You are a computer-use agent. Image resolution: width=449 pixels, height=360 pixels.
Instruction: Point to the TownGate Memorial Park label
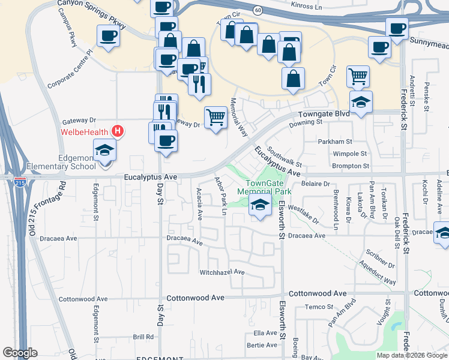(x=264, y=187)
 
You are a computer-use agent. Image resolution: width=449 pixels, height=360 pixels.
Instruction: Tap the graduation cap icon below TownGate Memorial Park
(x=260, y=205)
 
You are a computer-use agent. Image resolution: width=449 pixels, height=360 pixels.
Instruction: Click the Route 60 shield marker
(x=257, y=11)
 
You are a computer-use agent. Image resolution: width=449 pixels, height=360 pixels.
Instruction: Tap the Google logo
(x=20, y=353)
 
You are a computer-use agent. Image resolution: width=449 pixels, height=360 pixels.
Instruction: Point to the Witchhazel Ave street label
(x=222, y=272)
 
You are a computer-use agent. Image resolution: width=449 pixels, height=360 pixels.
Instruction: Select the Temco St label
(x=318, y=307)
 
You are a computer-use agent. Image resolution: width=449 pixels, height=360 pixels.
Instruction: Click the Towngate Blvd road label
(x=324, y=113)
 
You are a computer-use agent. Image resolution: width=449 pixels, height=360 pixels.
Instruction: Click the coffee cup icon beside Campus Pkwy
(x=108, y=36)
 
